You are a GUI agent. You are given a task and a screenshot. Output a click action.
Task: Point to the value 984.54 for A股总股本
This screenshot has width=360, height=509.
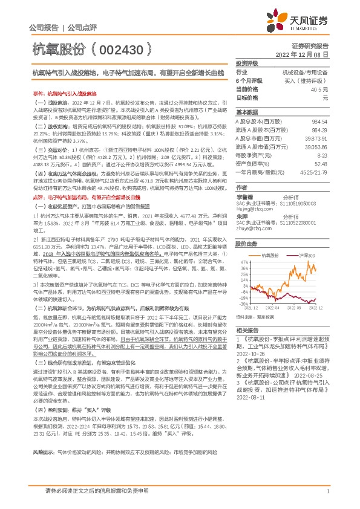tap(319, 122)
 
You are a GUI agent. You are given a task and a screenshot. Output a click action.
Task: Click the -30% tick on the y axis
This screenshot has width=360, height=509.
tap(241, 305)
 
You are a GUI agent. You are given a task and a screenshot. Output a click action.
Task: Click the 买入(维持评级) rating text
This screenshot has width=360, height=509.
tap(310, 80)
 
